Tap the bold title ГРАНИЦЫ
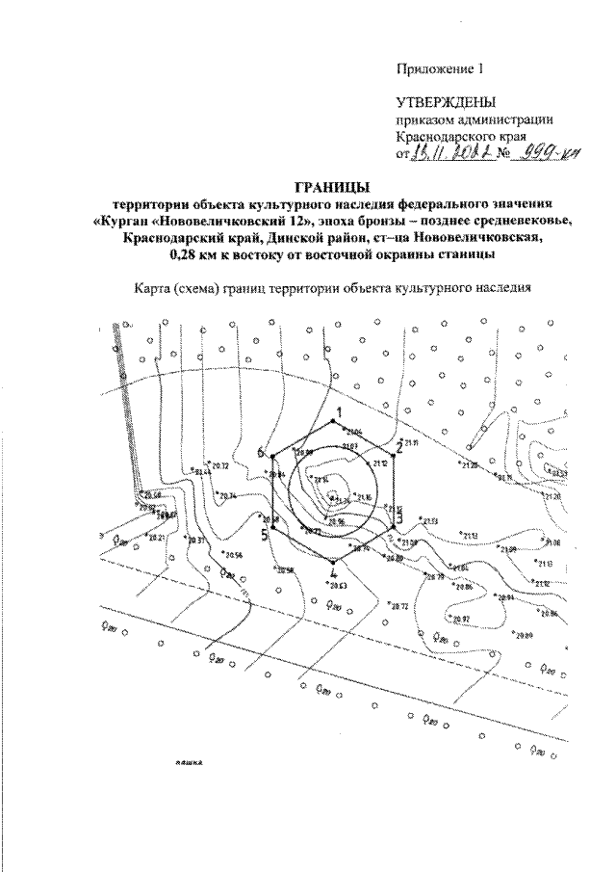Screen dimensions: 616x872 click(x=330, y=187)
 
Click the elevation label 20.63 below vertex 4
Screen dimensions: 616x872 click(x=337, y=585)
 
